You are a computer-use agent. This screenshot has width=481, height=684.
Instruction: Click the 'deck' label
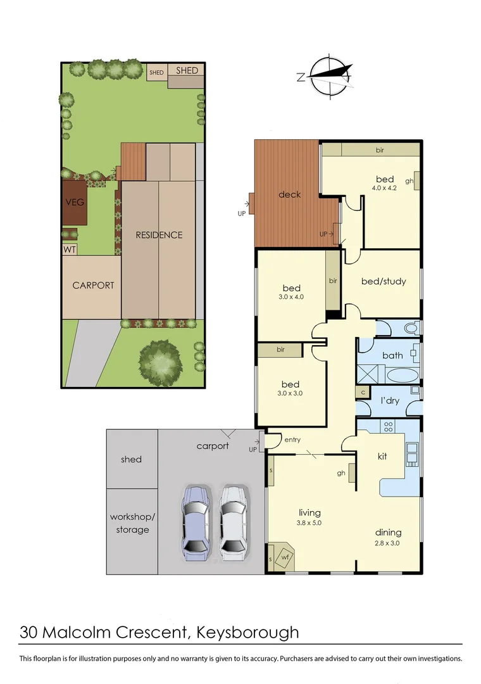click(x=290, y=194)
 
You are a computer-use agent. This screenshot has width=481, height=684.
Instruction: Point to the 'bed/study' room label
click(x=383, y=281)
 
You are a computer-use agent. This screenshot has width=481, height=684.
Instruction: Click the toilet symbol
click(x=410, y=328)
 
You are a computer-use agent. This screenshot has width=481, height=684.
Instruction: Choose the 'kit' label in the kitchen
click(x=382, y=456)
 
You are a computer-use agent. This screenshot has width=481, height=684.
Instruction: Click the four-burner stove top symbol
click(x=389, y=426)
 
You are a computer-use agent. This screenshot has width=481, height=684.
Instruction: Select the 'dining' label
click(x=387, y=533)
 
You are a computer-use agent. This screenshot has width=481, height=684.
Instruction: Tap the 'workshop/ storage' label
click(x=132, y=523)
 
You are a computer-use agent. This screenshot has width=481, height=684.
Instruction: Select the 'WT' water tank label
click(x=70, y=250)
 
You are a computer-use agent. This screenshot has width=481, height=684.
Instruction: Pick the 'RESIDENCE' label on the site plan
click(x=159, y=235)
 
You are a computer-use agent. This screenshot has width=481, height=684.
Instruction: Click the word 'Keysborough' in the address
click(x=247, y=631)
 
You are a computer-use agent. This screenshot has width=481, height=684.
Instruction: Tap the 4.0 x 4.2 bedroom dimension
click(x=384, y=188)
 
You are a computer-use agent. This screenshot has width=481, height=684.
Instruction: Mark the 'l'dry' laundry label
click(x=389, y=402)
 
